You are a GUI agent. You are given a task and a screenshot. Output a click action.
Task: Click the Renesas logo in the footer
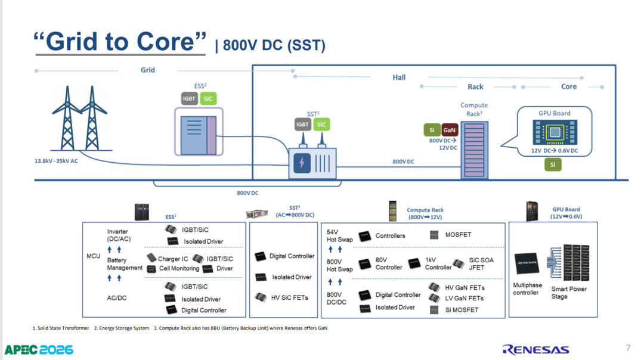point(535,350)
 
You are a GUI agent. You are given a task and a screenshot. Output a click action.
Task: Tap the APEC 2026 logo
point(39,350)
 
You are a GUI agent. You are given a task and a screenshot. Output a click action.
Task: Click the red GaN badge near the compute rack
point(450,130)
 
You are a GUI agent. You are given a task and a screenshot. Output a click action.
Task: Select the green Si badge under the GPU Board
point(553,165)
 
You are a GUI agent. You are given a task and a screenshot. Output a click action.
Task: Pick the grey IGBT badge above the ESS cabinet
point(190,98)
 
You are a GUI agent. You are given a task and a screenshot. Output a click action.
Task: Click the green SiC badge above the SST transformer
point(321,125)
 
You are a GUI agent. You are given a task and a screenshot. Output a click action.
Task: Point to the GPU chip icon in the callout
point(555,132)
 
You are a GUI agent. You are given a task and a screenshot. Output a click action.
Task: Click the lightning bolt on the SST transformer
point(302,163)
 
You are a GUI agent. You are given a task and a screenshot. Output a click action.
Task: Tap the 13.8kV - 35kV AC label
point(56,161)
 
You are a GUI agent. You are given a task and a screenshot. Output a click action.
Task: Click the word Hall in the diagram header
point(399,77)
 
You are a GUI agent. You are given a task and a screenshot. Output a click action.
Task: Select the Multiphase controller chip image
point(527,263)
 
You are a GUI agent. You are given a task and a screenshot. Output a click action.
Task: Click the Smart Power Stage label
point(569,293)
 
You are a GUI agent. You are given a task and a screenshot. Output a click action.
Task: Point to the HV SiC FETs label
point(290,297)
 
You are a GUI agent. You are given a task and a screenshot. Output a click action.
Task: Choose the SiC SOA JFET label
point(481,264)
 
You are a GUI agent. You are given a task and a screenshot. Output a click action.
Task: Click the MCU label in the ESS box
point(93,256)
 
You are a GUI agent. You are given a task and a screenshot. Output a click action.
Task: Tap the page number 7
point(628,347)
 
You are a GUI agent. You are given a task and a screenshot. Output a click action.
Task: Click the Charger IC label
point(173,259)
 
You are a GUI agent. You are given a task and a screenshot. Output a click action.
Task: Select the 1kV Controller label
point(438,263)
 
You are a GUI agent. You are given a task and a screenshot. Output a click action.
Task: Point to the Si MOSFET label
point(462,310)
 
